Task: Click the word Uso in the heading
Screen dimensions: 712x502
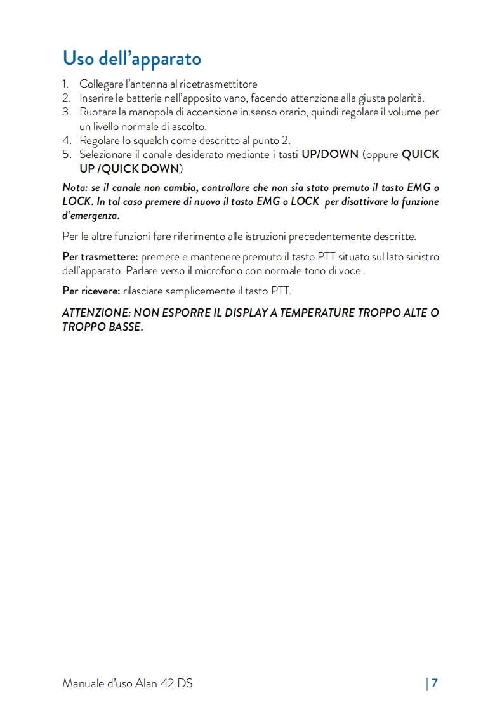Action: click(x=79, y=58)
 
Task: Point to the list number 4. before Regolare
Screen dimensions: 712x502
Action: click(x=66, y=140)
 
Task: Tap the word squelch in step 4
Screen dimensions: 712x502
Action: click(x=150, y=140)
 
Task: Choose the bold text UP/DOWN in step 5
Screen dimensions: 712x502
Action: click(x=330, y=154)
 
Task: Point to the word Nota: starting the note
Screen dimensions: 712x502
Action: click(x=77, y=188)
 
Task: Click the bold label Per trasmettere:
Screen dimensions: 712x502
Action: click(x=100, y=257)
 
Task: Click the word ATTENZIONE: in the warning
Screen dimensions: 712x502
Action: click(x=96, y=313)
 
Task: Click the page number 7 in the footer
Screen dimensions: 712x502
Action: click(x=435, y=683)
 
